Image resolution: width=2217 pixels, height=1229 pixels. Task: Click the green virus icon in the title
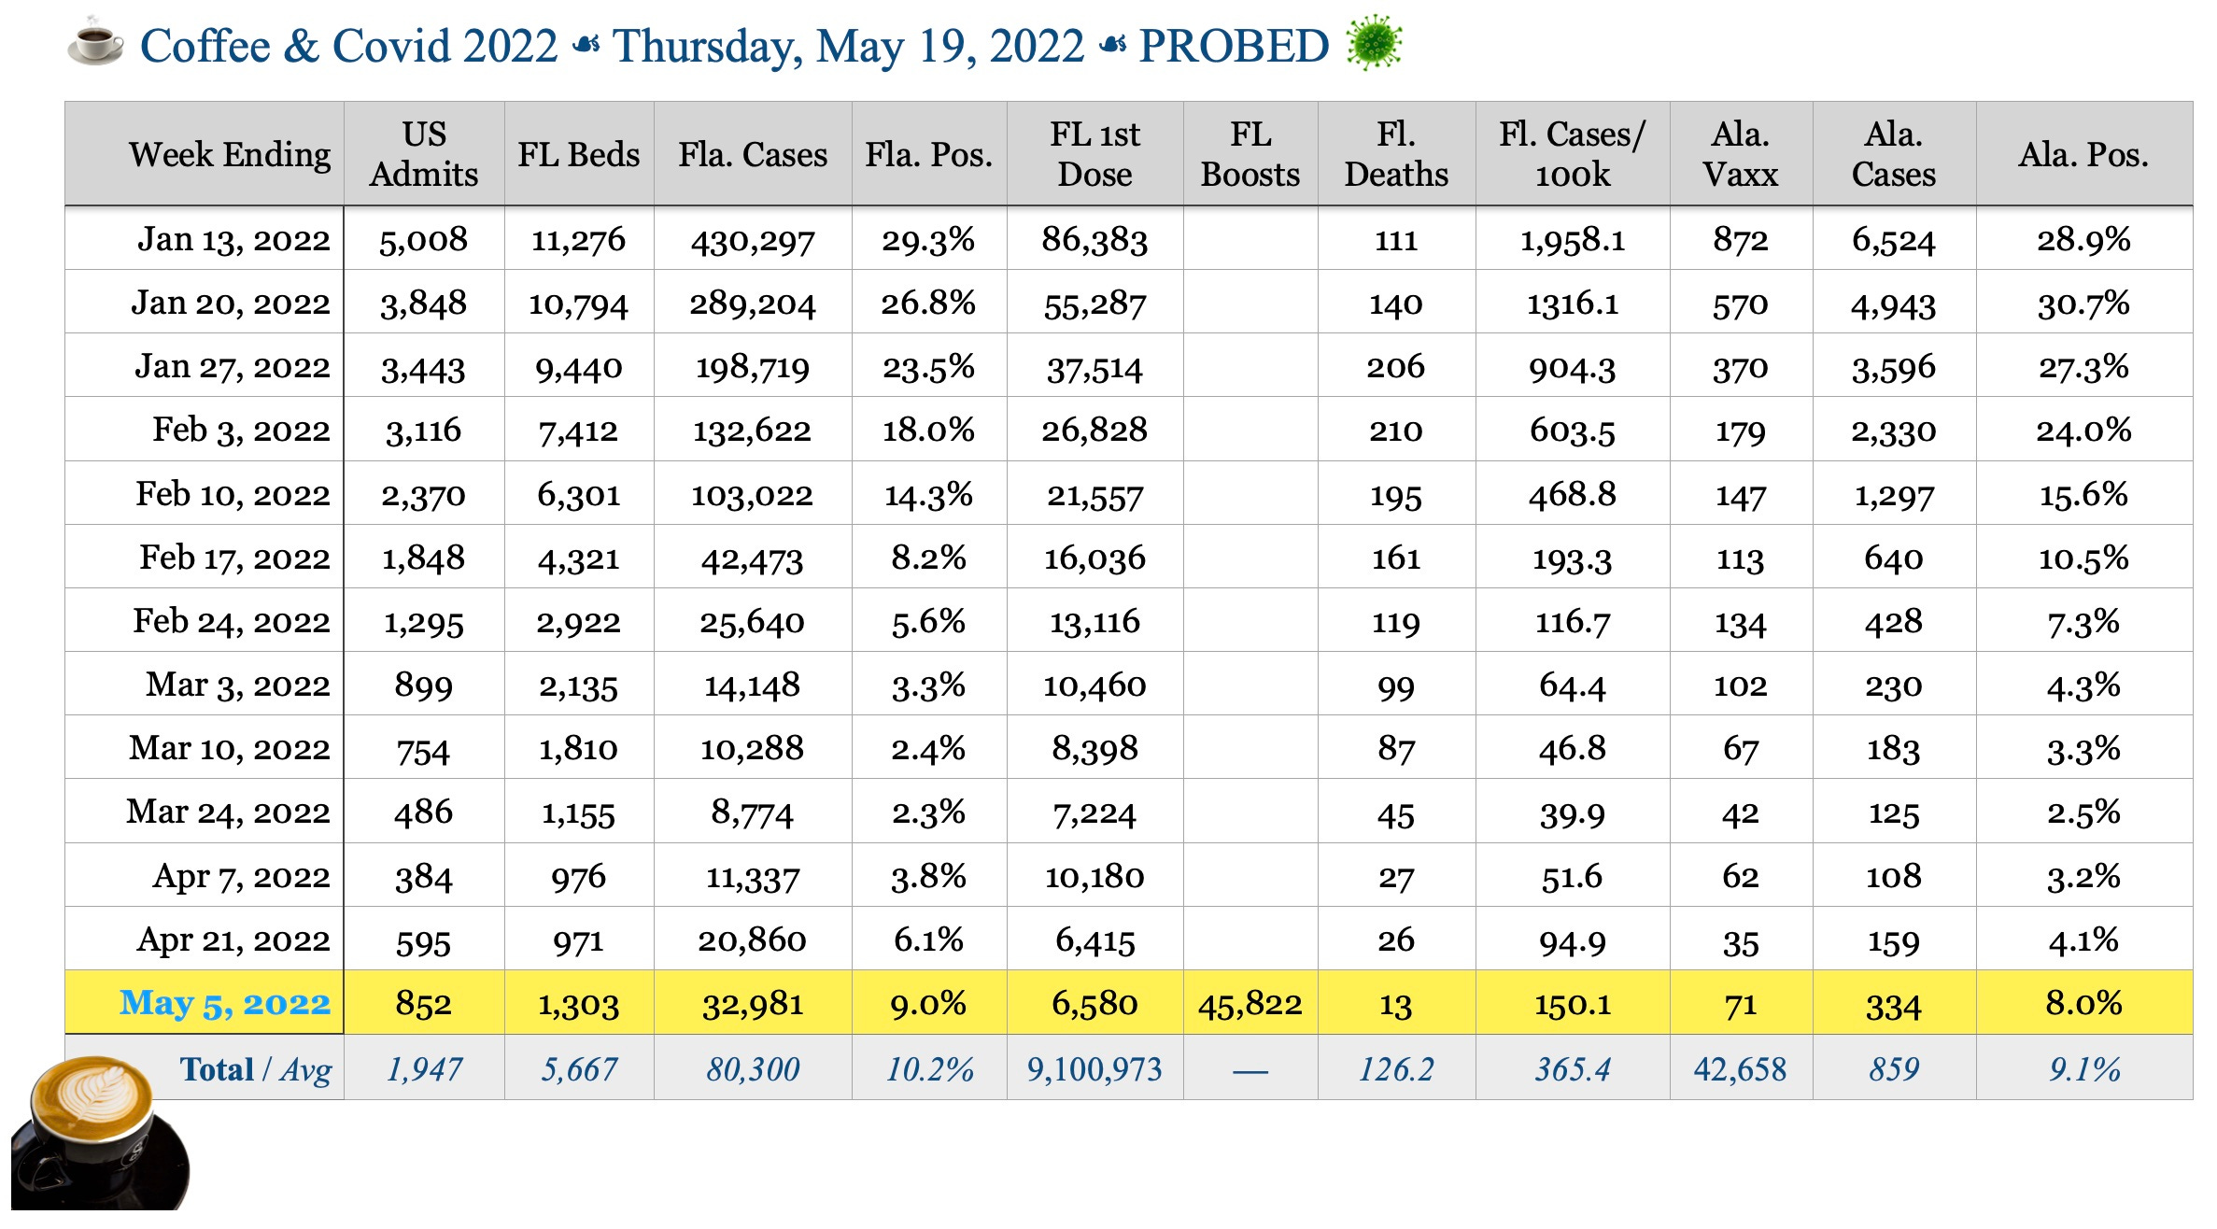[1374, 43]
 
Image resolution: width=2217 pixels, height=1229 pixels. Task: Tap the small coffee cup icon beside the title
[95, 43]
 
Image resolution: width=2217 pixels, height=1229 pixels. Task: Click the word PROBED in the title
[1234, 46]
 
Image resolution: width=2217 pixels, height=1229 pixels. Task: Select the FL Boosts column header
[1250, 154]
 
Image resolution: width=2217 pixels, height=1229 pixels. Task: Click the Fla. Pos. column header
[928, 154]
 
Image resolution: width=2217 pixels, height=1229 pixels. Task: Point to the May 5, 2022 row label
[225, 1003]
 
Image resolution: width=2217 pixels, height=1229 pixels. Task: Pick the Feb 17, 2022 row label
[234, 558]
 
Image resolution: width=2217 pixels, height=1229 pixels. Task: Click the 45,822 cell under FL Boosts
[1250, 1004]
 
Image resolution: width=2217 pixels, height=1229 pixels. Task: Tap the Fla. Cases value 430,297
[753, 241]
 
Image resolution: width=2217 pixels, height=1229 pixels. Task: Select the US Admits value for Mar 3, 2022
[423, 685]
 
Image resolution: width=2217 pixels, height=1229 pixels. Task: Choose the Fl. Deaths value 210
[1395, 431]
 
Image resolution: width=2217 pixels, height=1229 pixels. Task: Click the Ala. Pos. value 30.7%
[2083, 304]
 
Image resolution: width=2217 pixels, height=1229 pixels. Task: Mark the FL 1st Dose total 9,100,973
[1094, 1069]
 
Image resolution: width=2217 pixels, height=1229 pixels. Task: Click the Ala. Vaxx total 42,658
[1740, 1069]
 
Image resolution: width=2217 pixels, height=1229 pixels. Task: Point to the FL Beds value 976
[578, 877]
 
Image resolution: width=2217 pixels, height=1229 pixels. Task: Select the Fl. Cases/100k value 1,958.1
[1573, 241]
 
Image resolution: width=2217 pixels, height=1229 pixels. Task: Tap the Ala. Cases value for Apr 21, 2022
[1893, 940]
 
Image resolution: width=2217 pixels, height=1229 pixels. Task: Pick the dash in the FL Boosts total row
[1250, 1071]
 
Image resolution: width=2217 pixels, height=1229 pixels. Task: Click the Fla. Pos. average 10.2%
[929, 1069]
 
